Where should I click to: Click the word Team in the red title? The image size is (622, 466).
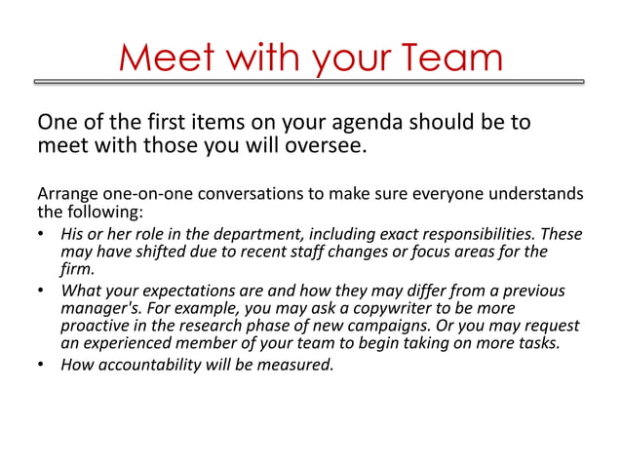(x=449, y=58)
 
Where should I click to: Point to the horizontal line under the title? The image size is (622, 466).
(x=311, y=82)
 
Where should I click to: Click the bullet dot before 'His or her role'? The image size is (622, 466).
(x=41, y=236)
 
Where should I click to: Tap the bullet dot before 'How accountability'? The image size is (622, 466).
(x=41, y=367)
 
